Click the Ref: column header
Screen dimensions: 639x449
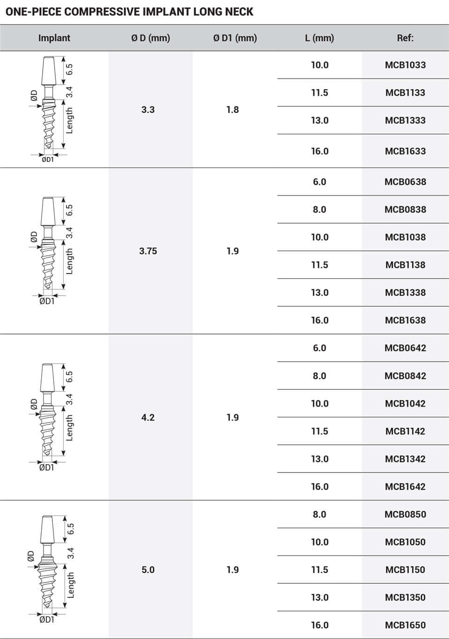(x=405, y=38)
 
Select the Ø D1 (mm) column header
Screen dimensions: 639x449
(x=235, y=38)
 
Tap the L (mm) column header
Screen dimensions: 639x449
(x=319, y=38)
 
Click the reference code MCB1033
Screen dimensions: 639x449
(x=405, y=65)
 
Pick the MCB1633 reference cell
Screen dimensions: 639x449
(x=405, y=151)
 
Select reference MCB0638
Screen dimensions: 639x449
(x=405, y=182)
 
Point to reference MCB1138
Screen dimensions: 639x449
(x=405, y=265)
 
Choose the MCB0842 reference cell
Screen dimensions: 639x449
(x=405, y=376)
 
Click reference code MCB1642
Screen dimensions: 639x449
(x=405, y=487)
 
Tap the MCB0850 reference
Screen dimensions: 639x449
(x=405, y=514)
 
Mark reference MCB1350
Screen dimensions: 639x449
(x=405, y=597)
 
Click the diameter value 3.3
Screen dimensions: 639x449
(x=148, y=109)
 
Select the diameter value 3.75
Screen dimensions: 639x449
(x=148, y=251)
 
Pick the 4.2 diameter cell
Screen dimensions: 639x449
(x=148, y=417)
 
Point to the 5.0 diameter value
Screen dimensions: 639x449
(x=148, y=570)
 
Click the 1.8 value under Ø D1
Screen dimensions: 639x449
(x=232, y=109)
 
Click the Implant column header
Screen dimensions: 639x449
(x=54, y=38)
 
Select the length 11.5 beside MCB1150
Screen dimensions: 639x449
(x=319, y=570)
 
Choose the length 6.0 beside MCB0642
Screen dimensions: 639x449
(x=319, y=348)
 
